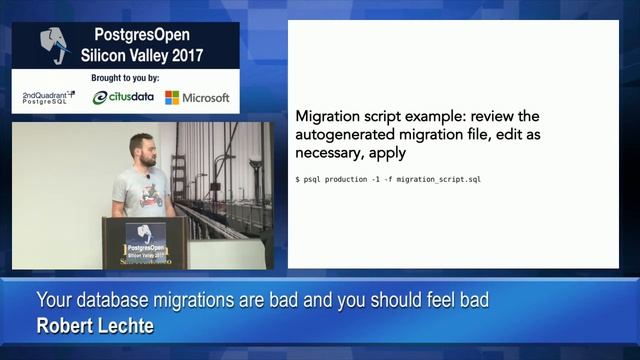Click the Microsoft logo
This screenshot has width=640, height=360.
[x=197, y=98]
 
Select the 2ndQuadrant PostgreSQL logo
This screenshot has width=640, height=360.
[x=49, y=97]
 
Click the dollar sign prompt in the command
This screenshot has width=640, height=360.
[x=297, y=179]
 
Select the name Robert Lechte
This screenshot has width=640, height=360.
[x=95, y=325]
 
